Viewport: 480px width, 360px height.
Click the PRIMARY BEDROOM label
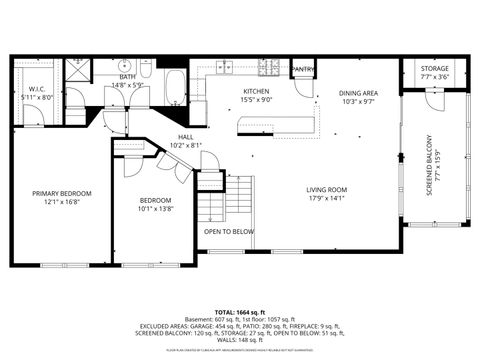point(61,193)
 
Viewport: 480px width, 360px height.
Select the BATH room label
point(128,76)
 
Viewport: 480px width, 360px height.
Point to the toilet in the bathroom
point(146,72)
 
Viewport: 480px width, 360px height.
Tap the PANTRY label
point(303,69)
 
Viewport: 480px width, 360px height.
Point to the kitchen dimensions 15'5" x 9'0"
point(257,100)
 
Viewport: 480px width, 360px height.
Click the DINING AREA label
point(357,92)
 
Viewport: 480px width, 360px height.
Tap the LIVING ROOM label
point(326,189)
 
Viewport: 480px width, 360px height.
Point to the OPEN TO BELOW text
point(229,231)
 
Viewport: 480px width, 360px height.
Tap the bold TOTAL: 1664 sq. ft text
point(239,313)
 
